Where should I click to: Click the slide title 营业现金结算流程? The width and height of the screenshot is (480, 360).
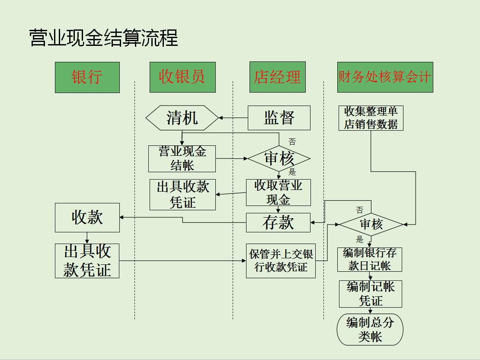[x=103, y=38]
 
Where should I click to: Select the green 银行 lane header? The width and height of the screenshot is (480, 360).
[x=87, y=77]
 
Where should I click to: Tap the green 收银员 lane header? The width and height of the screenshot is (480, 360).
[x=182, y=77]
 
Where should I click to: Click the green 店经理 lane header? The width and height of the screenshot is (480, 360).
[x=277, y=77]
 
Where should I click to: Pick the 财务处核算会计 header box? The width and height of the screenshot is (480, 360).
[x=385, y=77]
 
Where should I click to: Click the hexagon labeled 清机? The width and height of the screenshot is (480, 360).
[x=182, y=118]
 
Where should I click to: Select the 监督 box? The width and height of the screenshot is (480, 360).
[x=279, y=118]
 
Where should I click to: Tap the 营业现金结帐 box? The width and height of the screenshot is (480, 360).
[x=182, y=158]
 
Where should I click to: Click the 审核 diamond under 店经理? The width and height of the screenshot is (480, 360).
[x=279, y=159]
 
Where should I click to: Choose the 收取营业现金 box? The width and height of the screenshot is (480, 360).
[x=278, y=193]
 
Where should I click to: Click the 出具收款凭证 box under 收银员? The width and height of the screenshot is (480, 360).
[x=182, y=195]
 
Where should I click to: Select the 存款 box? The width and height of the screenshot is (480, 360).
[x=278, y=222]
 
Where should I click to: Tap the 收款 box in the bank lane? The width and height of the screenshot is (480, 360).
[x=87, y=218]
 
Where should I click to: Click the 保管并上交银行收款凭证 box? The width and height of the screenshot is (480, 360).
[x=281, y=260]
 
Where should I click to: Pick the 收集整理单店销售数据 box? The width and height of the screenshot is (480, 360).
[x=371, y=118]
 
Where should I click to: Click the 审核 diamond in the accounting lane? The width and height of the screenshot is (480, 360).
[x=371, y=224]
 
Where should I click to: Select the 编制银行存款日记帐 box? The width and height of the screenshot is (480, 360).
[x=370, y=259]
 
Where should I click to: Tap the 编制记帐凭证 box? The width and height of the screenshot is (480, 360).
[x=370, y=294]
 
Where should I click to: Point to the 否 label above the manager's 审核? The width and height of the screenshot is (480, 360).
[x=292, y=141]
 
